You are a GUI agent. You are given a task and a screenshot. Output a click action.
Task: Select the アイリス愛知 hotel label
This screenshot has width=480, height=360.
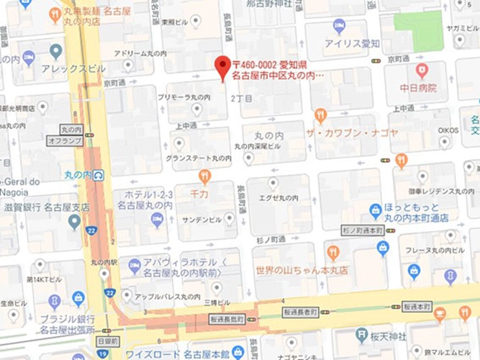[351, 43]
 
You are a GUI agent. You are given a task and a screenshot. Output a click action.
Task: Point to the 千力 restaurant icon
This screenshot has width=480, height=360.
[204, 176]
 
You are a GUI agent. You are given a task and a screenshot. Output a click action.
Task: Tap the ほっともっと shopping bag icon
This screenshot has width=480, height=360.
[375, 210]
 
